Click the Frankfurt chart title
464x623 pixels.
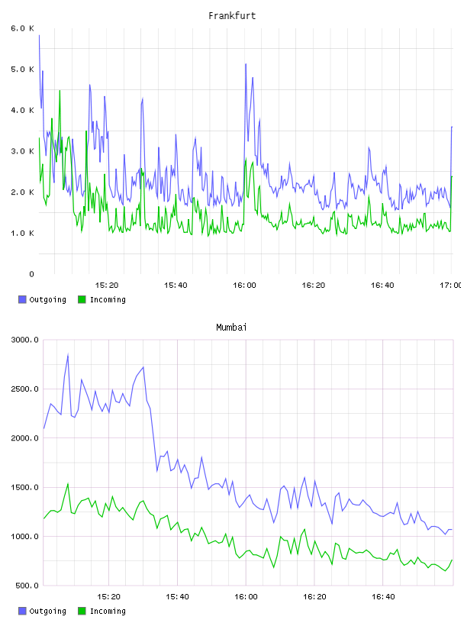232,16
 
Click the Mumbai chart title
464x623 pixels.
231,328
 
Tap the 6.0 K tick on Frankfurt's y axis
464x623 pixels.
22,28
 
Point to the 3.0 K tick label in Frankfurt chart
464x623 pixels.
22,151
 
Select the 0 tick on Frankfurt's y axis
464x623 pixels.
31,274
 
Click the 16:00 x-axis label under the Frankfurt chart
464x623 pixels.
244,285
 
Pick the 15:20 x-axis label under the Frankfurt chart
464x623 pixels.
107,285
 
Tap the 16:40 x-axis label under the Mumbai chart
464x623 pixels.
383,596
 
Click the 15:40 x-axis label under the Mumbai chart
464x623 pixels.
177,596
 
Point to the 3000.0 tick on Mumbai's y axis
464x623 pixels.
24,340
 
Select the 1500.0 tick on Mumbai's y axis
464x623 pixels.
24,487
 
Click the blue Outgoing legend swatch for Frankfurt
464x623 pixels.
22,299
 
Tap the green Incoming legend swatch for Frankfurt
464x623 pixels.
82,299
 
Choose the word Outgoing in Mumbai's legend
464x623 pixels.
47,611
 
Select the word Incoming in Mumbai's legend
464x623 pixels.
108,611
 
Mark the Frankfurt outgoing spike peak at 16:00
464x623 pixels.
246,63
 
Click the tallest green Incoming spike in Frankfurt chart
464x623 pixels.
60,91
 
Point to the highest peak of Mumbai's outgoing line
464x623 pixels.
68,354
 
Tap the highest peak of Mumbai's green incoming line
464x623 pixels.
68,483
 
